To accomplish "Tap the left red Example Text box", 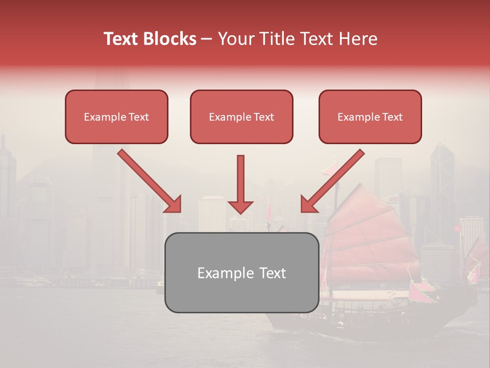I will click(116, 117).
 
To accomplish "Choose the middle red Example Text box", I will click(241, 117).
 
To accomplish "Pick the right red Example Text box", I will click(370, 117).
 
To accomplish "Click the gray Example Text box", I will click(241, 272).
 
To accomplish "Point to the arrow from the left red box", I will click(148, 180).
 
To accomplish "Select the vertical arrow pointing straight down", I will click(240, 181).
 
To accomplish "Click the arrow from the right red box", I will click(333, 180).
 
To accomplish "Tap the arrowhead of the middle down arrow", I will click(240, 206).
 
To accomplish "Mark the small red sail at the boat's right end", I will click(478, 256).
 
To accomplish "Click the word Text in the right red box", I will click(393, 117).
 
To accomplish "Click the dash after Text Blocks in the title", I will click(207, 39).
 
